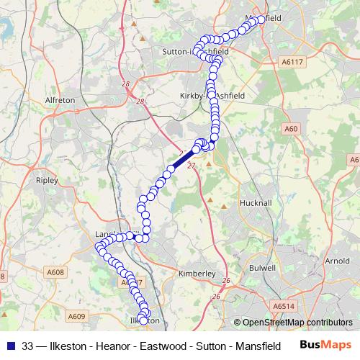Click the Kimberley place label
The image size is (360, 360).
pyautogui.click(x=196, y=274)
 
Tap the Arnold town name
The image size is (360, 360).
pyautogui.click(x=337, y=261)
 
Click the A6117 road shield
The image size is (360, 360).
pyautogui.click(x=292, y=63)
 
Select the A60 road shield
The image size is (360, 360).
pyautogui.click(x=291, y=129)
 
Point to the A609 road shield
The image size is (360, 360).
pyautogui.click(x=77, y=315)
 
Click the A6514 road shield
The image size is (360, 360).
pyautogui.click(x=284, y=306)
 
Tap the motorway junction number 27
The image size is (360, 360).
pyautogui.click(x=192, y=166)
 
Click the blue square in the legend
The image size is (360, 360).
pyautogui.click(x=12, y=344)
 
